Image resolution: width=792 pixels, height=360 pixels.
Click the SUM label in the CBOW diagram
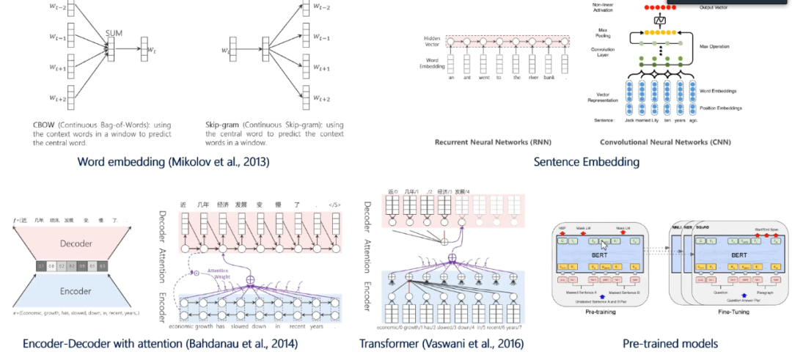click(114, 33)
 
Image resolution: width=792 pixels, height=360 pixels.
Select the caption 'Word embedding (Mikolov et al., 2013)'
click(175, 161)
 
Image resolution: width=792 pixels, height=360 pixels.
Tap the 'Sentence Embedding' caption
click(586, 161)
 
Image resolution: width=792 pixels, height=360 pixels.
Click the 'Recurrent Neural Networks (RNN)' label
click(483, 142)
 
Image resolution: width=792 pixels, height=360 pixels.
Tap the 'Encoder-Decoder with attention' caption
click(160, 343)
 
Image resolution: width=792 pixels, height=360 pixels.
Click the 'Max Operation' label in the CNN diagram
click(714, 46)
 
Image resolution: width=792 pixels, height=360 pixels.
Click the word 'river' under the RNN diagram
click(540, 77)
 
